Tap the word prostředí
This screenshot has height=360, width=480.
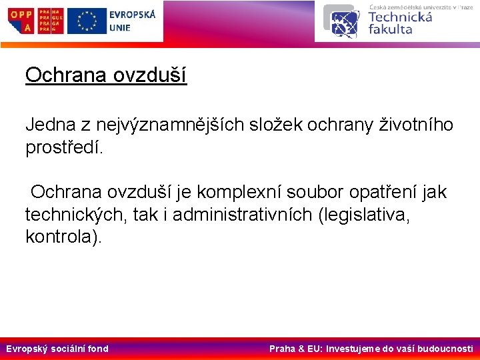[65, 147]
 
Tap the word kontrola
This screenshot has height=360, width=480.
[61, 237]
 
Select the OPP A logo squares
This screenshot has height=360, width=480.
[21, 21]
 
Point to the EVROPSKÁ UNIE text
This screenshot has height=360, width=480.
[131, 21]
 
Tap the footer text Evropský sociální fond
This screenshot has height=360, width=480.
[57, 349]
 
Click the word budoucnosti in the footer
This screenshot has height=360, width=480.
[443, 349]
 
